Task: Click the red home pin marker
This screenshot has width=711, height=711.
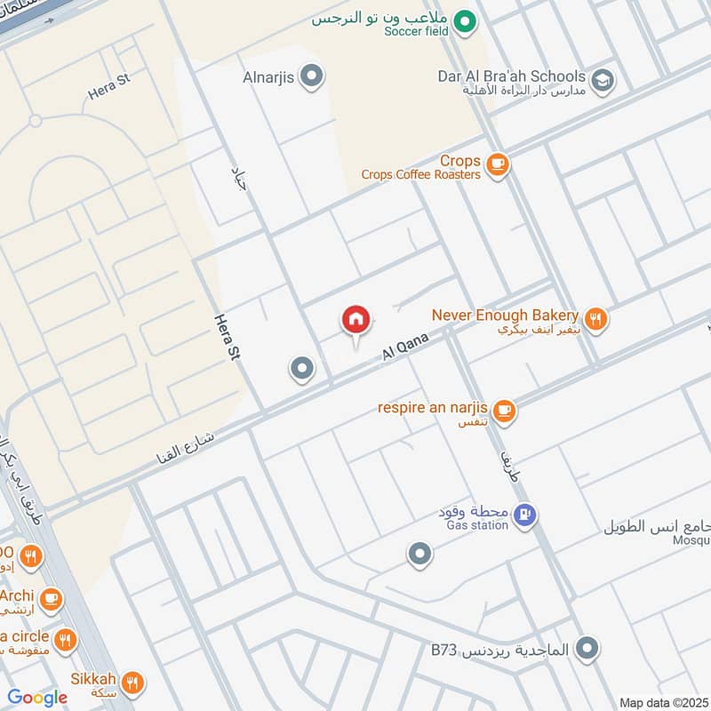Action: click(356, 320)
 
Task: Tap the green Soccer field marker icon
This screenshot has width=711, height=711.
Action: click(462, 20)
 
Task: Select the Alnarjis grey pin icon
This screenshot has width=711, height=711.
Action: click(311, 77)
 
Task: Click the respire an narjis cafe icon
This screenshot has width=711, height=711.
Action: click(505, 411)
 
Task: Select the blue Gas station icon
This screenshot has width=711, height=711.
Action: click(525, 515)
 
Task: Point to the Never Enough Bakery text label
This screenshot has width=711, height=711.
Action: click(505, 315)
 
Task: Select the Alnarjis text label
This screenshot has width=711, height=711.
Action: click(268, 77)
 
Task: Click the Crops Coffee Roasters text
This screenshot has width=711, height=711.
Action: click(421, 175)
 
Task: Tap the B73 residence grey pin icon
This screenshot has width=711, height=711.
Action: click(586, 649)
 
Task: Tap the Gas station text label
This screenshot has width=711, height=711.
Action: click(472, 525)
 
